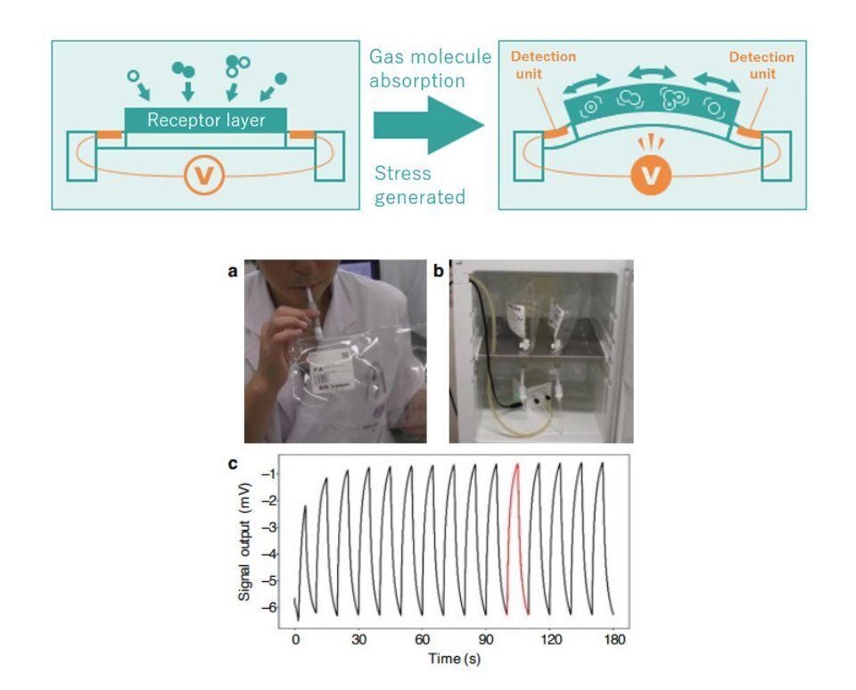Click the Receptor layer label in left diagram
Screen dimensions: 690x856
(x=206, y=119)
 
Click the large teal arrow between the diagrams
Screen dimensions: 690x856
(x=426, y=125)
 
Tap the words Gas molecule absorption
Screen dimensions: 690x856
(x=430, y=69)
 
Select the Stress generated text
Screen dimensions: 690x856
(x=419, y=185)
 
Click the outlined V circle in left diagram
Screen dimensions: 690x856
(x=205, y=176)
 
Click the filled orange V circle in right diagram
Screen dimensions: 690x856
(x=652, y=176)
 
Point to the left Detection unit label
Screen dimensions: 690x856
(x=543, y=65)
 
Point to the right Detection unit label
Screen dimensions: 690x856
(x=761, y=65)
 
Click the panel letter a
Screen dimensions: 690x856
(x=233, y=271)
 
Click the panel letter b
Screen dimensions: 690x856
(x=438, y=271)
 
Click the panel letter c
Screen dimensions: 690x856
(x=233, y=464)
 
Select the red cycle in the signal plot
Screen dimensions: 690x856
(x=516, y=535)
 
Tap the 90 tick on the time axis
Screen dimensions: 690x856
(x=486, y=640)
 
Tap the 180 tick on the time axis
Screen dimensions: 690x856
(x=613, y=640)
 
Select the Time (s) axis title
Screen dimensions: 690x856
(x=453, y=659)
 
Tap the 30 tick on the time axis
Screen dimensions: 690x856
(x=358, y=640)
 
